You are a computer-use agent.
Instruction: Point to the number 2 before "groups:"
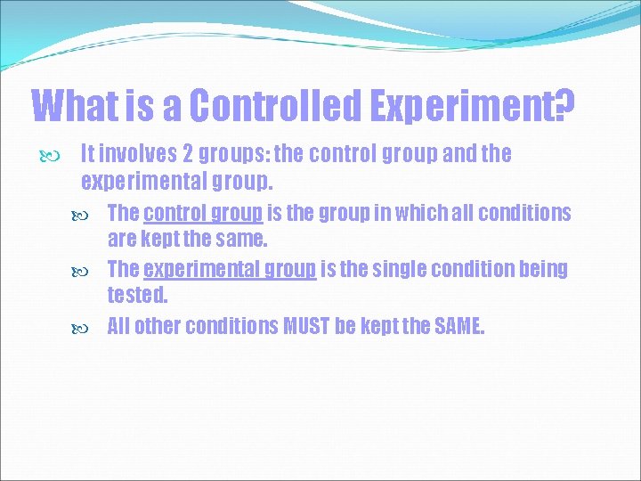click(x=189, y=154)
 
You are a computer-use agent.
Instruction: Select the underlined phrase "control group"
click(x=202, y=213)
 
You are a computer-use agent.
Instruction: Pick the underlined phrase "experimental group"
click(x=229, y=269)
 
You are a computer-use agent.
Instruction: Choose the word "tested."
click(x=137, y=293)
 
